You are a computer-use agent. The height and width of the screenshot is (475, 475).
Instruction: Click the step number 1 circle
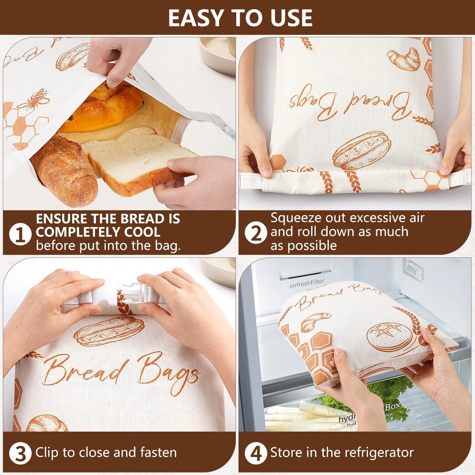[21, 235]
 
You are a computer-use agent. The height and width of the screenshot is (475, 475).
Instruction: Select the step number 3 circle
[21, 453]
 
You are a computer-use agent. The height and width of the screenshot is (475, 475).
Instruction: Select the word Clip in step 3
[47, 453]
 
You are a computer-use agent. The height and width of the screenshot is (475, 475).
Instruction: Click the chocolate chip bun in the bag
[101, 106]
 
